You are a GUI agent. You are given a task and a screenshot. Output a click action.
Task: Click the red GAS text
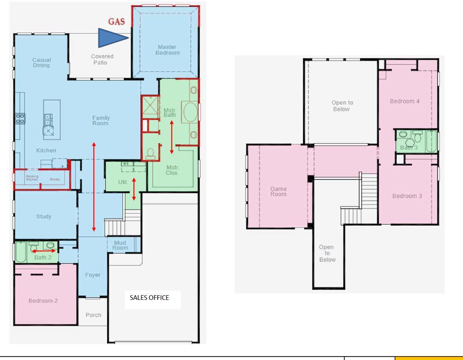coord(116,22)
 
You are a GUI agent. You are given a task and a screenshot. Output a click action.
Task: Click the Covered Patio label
coord(102,59)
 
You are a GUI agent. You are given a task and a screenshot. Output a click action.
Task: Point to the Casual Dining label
coord(41,63)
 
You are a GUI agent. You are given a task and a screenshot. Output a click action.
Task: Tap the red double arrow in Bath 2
coord(44,251)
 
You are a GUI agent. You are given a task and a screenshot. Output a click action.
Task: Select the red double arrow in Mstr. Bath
coord(172,137)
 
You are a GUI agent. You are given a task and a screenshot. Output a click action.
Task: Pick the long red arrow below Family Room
coord(94,187)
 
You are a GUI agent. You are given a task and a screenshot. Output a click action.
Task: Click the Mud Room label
coord(120,245)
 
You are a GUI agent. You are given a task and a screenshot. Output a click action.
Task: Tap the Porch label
coord(93,315)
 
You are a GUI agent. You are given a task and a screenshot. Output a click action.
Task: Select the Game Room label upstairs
coord(279,191)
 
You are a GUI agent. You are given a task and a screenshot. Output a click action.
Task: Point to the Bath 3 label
coord(409,148)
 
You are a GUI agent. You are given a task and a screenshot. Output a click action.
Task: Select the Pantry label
coord(55,179)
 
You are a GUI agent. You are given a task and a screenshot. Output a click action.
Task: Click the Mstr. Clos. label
coord(172,170)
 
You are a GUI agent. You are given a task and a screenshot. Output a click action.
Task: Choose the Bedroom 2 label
coord(43,300)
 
